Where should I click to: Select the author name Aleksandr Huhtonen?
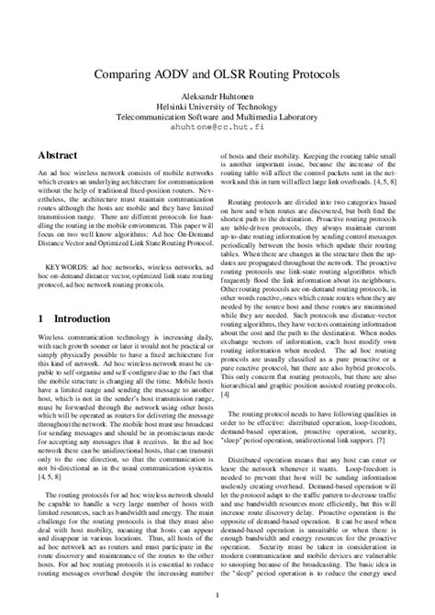click(217, 95)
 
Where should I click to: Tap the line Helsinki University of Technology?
click(217, 106)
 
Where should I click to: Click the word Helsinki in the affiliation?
click(175, 106)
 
